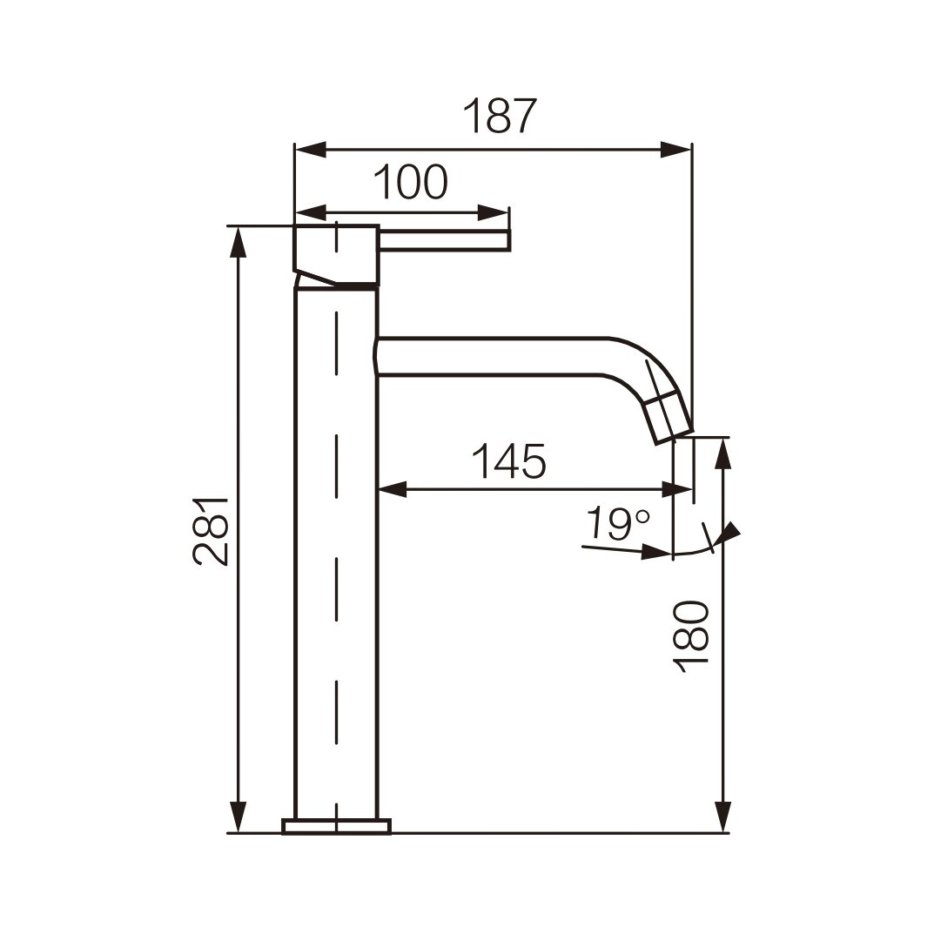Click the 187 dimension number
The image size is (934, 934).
(x=500, y=116)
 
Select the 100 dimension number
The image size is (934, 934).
(x=410, y=182)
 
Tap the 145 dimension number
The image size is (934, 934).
(x=508, y=461)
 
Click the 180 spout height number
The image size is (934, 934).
(x=691, y=637)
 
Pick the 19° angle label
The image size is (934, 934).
(x=617, y=523)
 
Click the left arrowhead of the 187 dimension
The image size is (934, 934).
(x=311, y=150)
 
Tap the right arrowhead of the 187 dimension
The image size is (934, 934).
(x=676, y=150)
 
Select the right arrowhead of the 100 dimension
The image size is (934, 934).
(x=494, y=212)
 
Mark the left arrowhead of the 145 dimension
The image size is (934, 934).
(x=393, y=490)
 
